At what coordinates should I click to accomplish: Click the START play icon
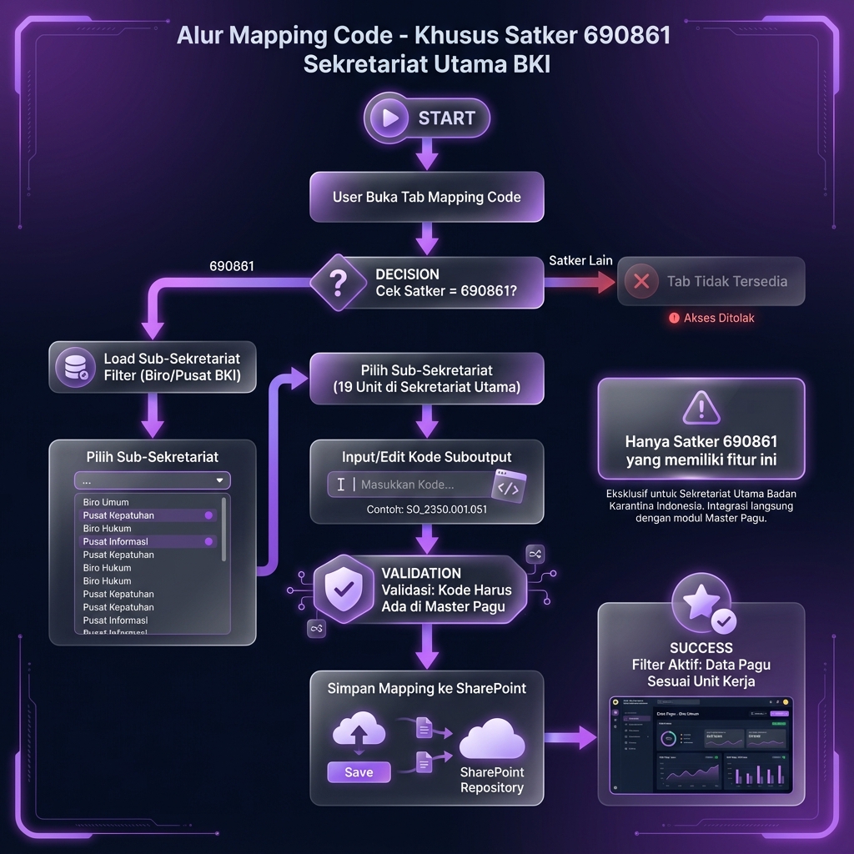389,118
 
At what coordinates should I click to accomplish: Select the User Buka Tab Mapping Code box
426,198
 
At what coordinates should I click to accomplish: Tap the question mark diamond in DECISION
338,284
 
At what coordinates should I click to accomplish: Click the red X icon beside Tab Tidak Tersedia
641,281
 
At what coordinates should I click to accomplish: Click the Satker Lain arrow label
580,261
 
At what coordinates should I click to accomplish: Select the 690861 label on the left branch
232,267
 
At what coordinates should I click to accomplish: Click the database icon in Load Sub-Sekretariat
74,367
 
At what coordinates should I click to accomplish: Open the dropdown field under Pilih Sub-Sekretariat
152,481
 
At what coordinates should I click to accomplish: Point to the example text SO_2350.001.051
426,510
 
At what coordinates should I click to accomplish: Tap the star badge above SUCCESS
701,600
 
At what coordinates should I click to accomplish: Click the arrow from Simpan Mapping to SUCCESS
570,736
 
